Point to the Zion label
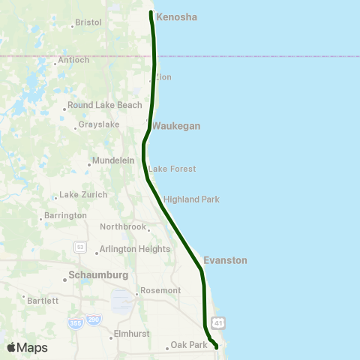click(x=163, y=77)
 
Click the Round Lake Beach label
click(x=104, y=106)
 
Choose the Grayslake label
click(x=99, y=124)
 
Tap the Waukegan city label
click(x=176, y=127)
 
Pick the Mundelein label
click(x=112, y=161)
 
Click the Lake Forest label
click(x=172, y=169)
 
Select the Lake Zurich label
click(x=83, y=195)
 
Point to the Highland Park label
click(x=191, y=199)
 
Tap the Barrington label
click(x=66, y=216)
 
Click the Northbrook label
click(x=124, y=226)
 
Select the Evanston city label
click(x=225, y=260)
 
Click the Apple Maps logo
click(x=27, y=347)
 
